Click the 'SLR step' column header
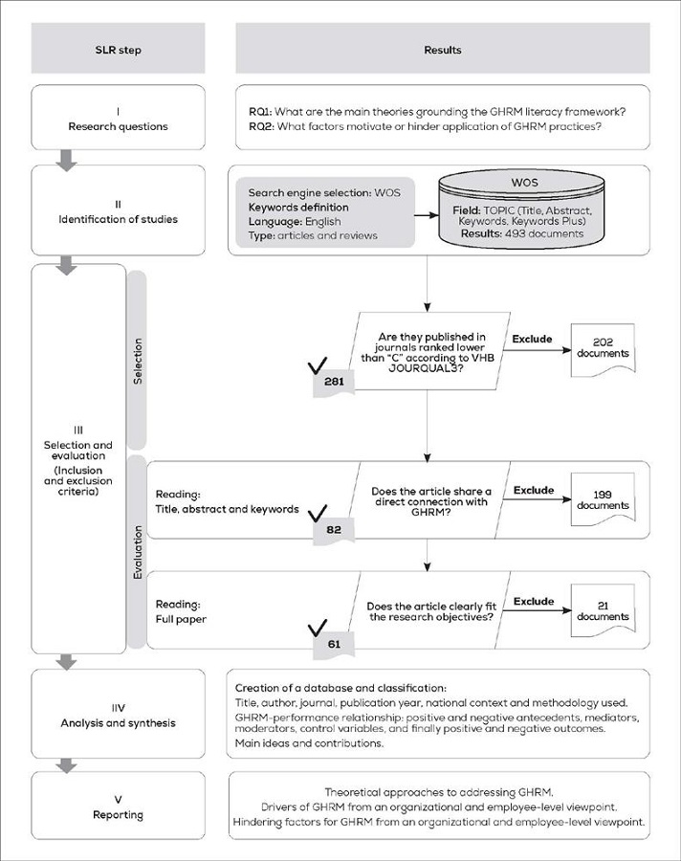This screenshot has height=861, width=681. [118, 49]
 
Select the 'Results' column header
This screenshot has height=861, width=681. [442, 49]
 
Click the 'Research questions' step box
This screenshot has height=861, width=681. [118, 118]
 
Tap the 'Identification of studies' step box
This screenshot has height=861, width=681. [118, 210]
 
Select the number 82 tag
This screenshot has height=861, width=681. [334, 528]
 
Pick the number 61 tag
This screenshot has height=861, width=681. [334, 644]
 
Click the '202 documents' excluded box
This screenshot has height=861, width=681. [603, 347]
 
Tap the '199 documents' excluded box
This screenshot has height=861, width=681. [603, 498]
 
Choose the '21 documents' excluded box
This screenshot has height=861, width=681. [603, 610]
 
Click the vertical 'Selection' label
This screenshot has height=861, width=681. [138, 360]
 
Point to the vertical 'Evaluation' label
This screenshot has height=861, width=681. [138, 552]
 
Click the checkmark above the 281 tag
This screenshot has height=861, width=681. [319, 365]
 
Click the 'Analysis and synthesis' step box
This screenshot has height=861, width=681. [118, 716]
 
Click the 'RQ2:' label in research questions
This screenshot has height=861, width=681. [260, 125]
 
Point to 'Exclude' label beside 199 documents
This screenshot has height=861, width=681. [534, 490]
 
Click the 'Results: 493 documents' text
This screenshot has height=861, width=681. [517, 233]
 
